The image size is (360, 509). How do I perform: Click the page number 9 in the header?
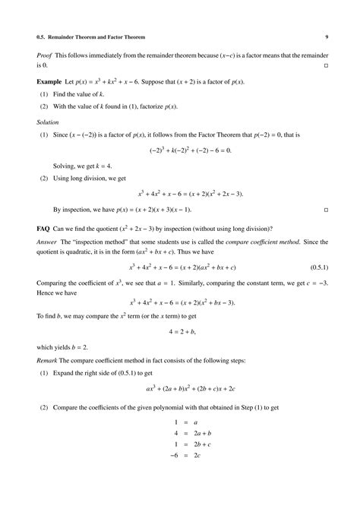tap(326, 36)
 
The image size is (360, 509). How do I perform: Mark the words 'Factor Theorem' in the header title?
tap(124, 36)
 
